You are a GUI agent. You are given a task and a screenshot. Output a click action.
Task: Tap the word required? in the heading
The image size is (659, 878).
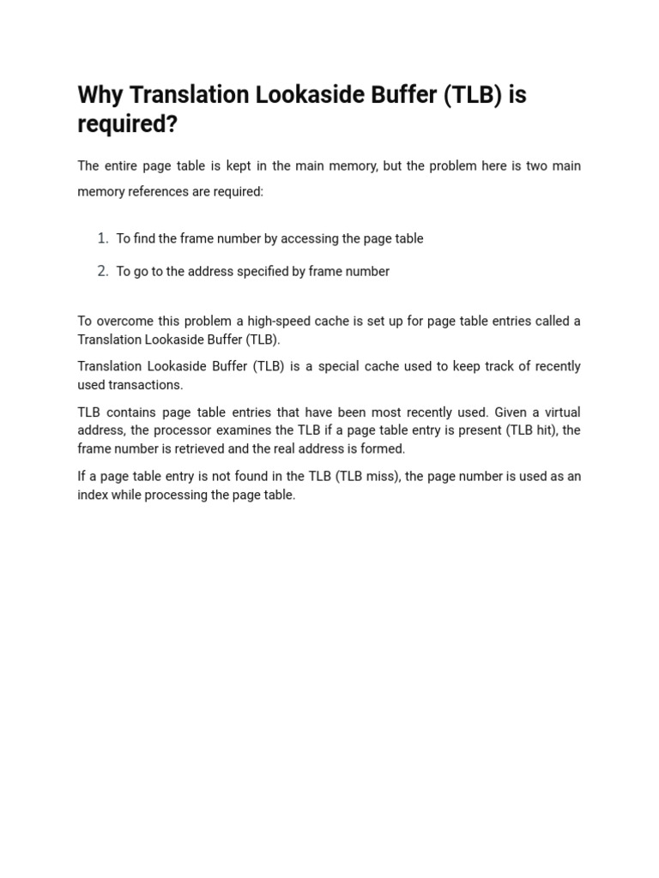tap(127, 124)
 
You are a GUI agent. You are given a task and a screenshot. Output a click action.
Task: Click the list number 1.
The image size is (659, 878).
tap(102, 238)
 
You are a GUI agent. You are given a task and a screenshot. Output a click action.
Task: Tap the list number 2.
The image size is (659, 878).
tap(102, 271)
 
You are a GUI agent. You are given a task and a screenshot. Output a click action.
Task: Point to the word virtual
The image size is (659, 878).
tap(560, 412)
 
